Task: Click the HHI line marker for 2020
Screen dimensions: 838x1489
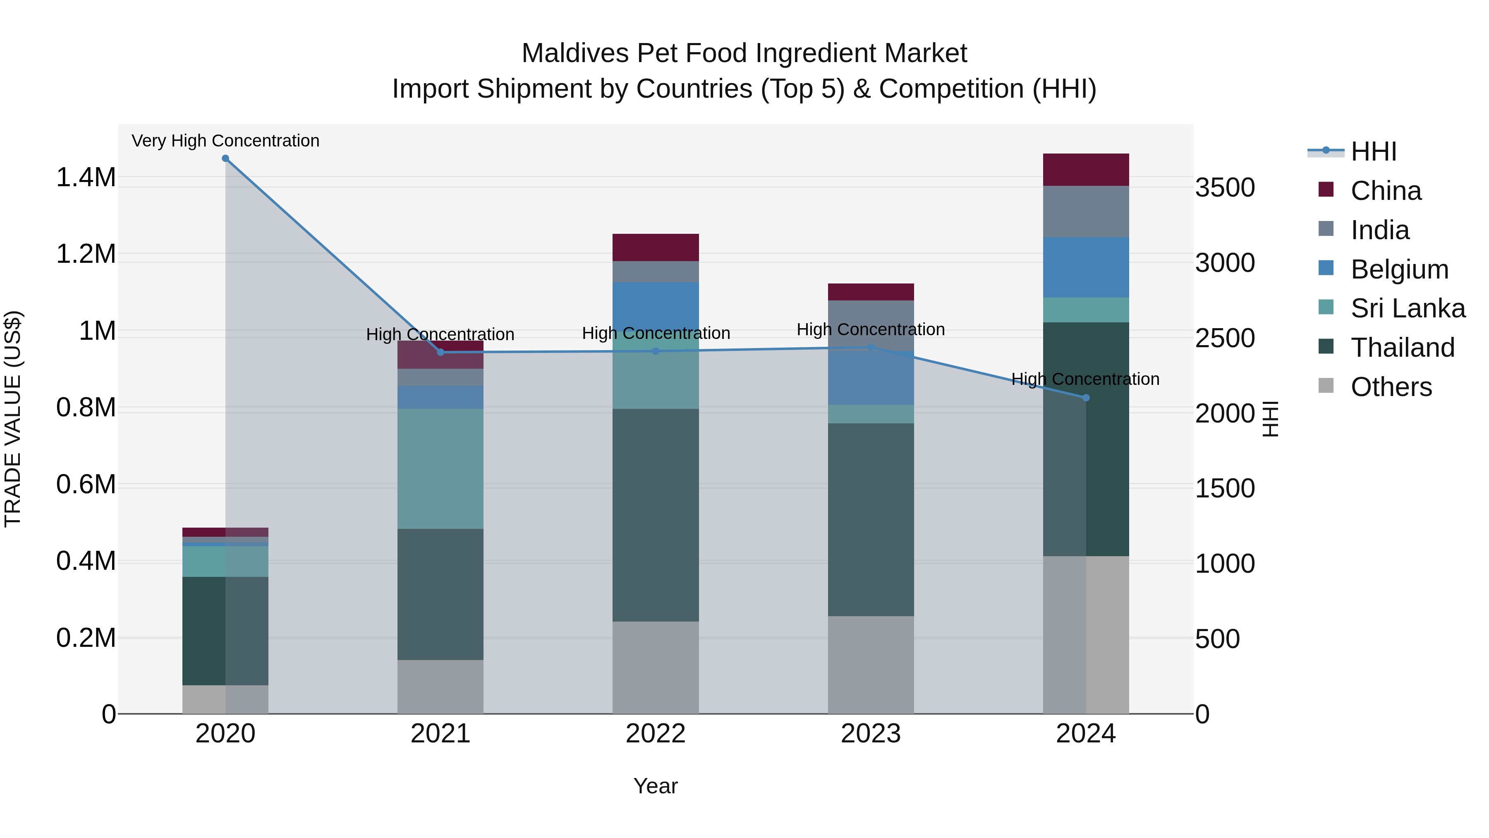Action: pos(225,158)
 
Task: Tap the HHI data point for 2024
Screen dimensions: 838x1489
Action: pos(1086,398)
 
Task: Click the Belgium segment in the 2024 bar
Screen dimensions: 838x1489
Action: pos(1086,267)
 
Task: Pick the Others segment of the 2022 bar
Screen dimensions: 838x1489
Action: pos(656,668)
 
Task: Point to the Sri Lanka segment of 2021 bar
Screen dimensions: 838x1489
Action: pos(440,468)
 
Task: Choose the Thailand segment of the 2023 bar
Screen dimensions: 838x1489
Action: pos(871,519)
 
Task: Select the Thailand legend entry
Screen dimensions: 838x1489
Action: pos(1402,348)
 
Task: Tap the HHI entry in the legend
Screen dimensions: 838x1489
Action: pos(1373,151)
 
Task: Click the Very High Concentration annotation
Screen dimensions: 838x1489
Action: pos(225,141)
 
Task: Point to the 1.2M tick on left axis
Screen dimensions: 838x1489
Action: pos(86,254)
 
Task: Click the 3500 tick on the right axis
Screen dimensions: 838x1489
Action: pos(1225,188)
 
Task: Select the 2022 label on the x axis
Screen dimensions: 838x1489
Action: pos(656,734)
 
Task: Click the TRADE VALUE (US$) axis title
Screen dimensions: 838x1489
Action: pos(13,419)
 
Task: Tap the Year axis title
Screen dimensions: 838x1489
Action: pos(656,786)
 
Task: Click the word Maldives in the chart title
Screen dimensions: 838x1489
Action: pos(575,53)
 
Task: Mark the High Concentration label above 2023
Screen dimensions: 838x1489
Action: pos(871,330)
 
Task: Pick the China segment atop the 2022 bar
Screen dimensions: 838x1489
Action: pos(656,247)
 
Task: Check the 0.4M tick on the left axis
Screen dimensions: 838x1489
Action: pos(86,561)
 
